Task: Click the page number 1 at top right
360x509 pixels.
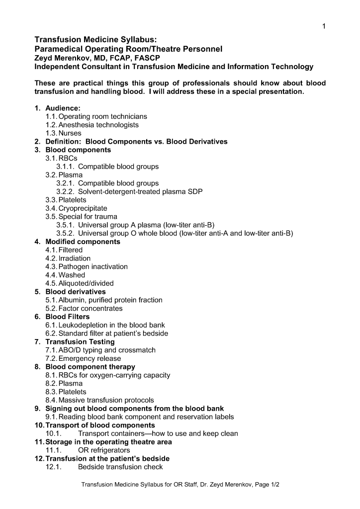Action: coord(324,26)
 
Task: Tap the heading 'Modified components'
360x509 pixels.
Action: coord(83,242)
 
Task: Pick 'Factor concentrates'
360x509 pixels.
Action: coord(90,308)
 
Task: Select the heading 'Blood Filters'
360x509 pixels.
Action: coord(68,317)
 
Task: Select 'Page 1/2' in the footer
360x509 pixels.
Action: coord(266,484)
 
